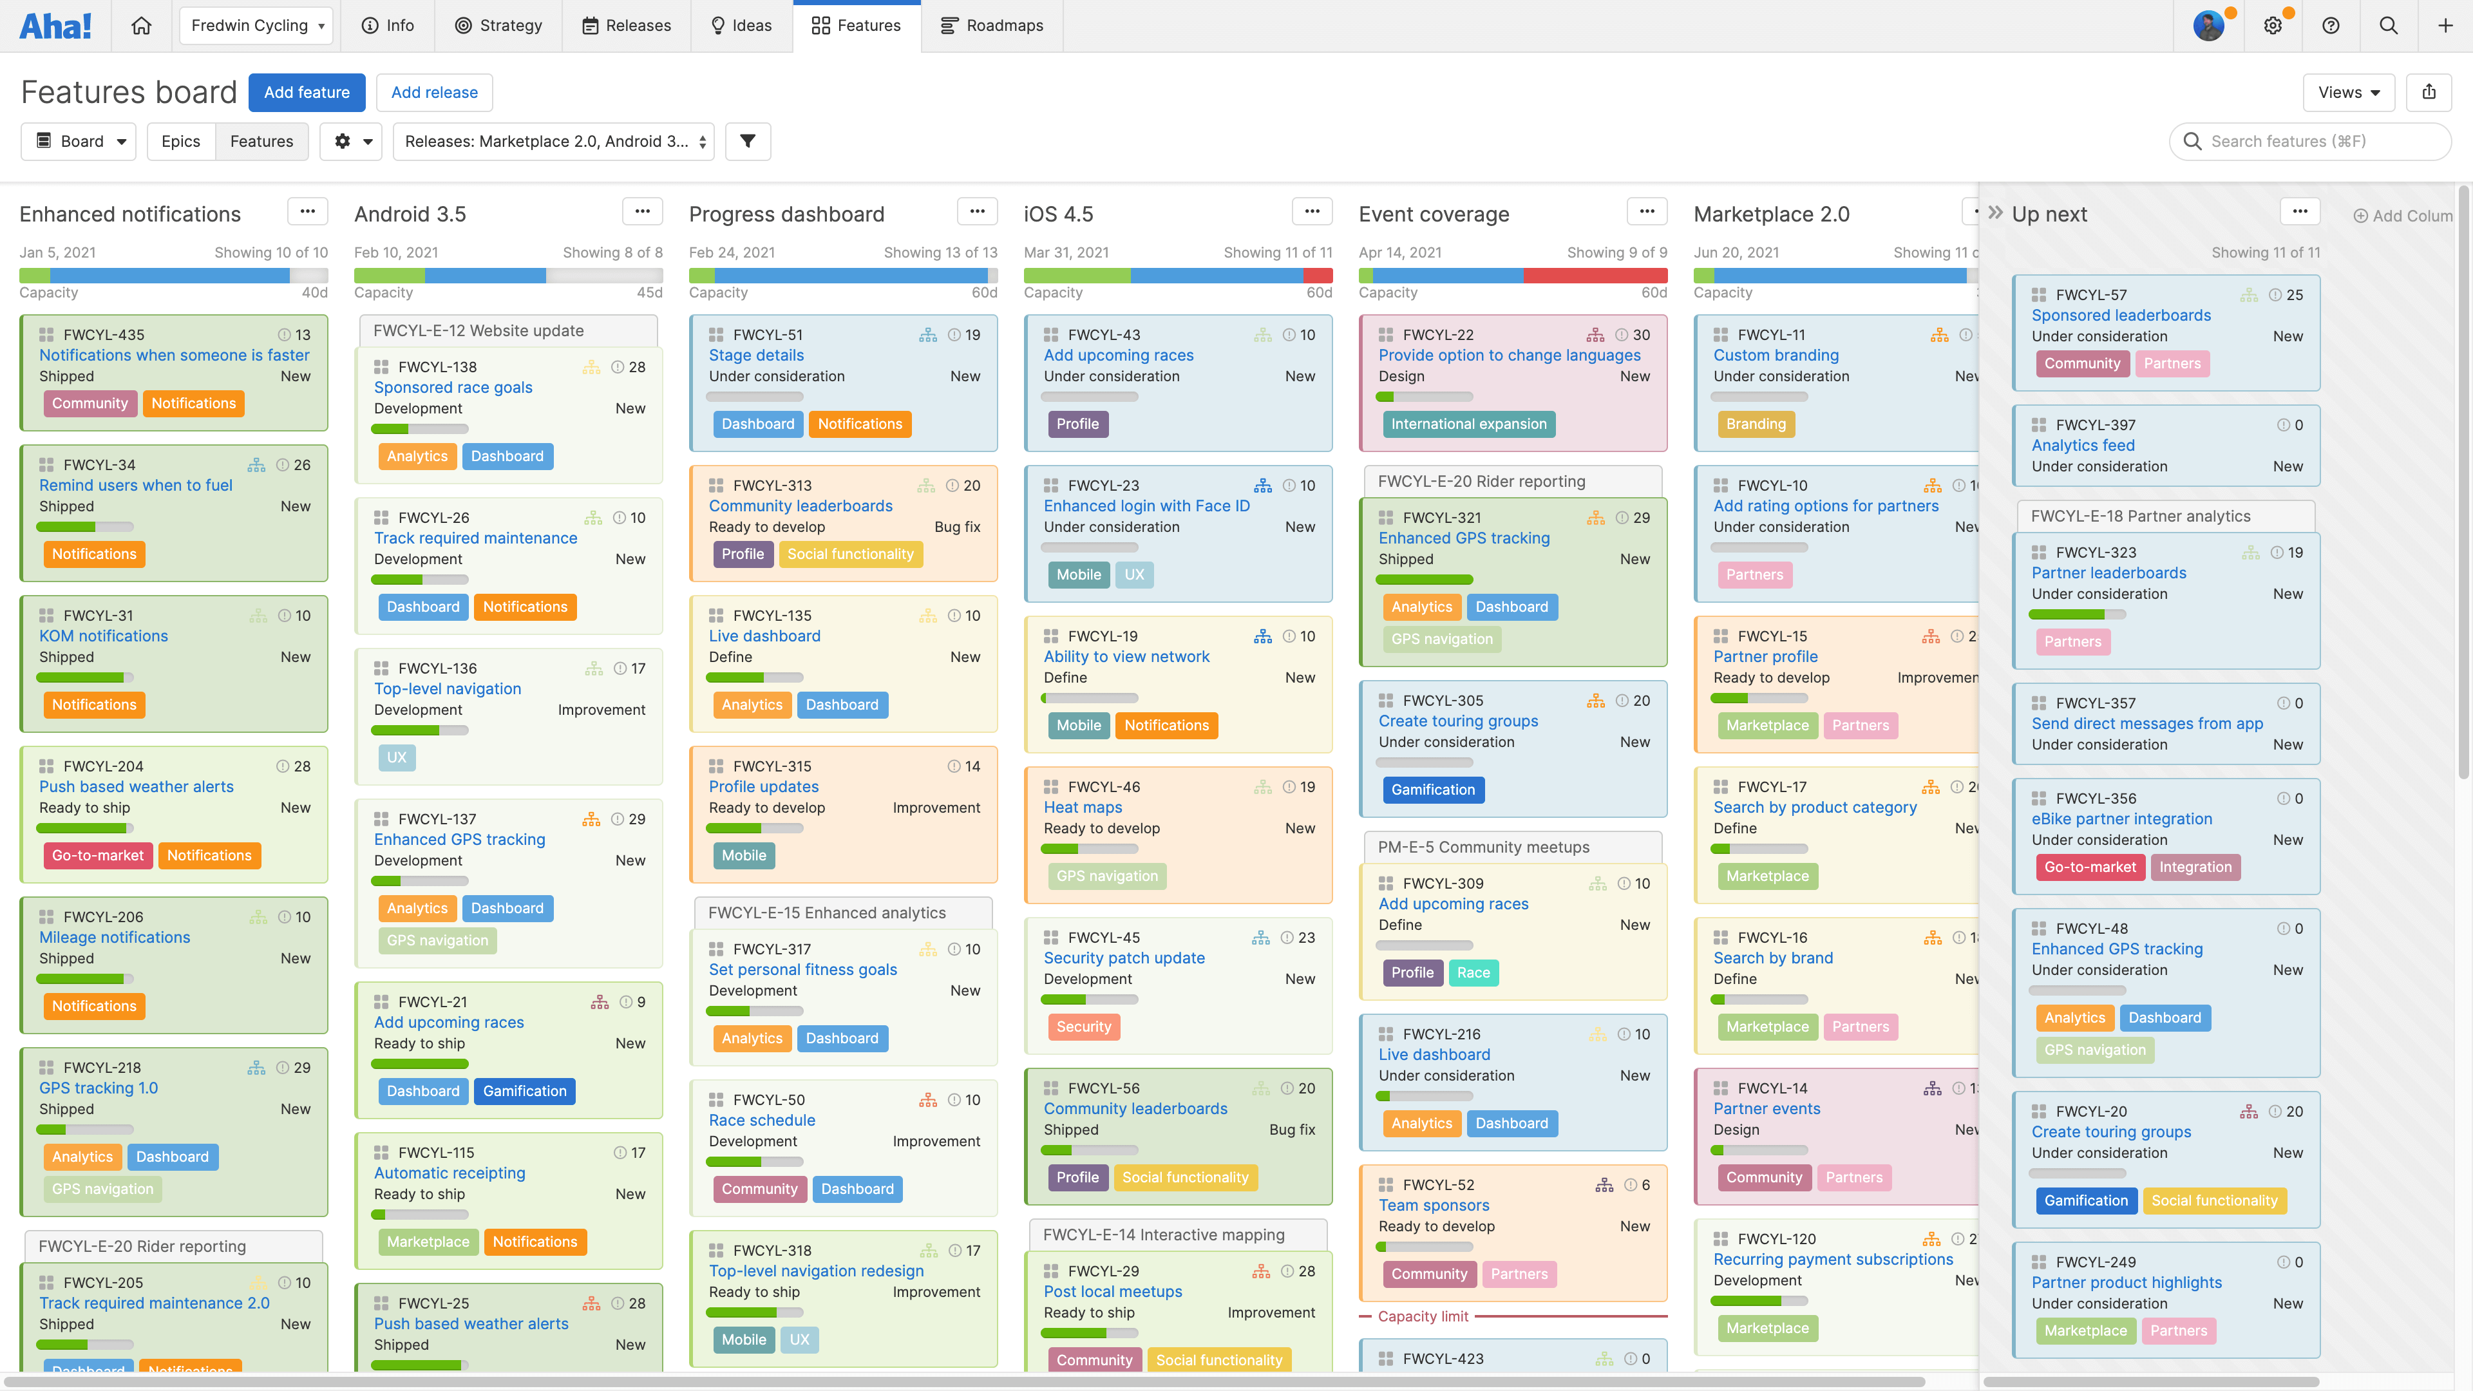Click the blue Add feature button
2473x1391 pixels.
tap(307, 92)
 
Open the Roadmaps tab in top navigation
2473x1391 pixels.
tap(992, 26)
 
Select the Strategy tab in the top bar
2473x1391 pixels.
tap(498, 26)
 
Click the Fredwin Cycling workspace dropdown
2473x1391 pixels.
tap(256, 26)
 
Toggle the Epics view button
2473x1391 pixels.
tap(180, 141)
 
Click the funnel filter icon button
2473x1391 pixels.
tap(748, 141)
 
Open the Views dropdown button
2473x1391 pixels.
tap(2347, 92)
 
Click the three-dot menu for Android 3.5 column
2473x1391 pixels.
tap(642, 211)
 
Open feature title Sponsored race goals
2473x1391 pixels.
tap(453, 387)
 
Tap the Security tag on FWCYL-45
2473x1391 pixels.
tap(1083, 1027)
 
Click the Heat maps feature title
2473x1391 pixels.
tap(1082, 808)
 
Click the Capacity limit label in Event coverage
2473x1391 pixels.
tap(1423, 1316)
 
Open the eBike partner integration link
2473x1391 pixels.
tap(2121, 819)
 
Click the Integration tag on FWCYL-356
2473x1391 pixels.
tap(2195, 867)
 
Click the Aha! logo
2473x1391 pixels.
tap(55, 26)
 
